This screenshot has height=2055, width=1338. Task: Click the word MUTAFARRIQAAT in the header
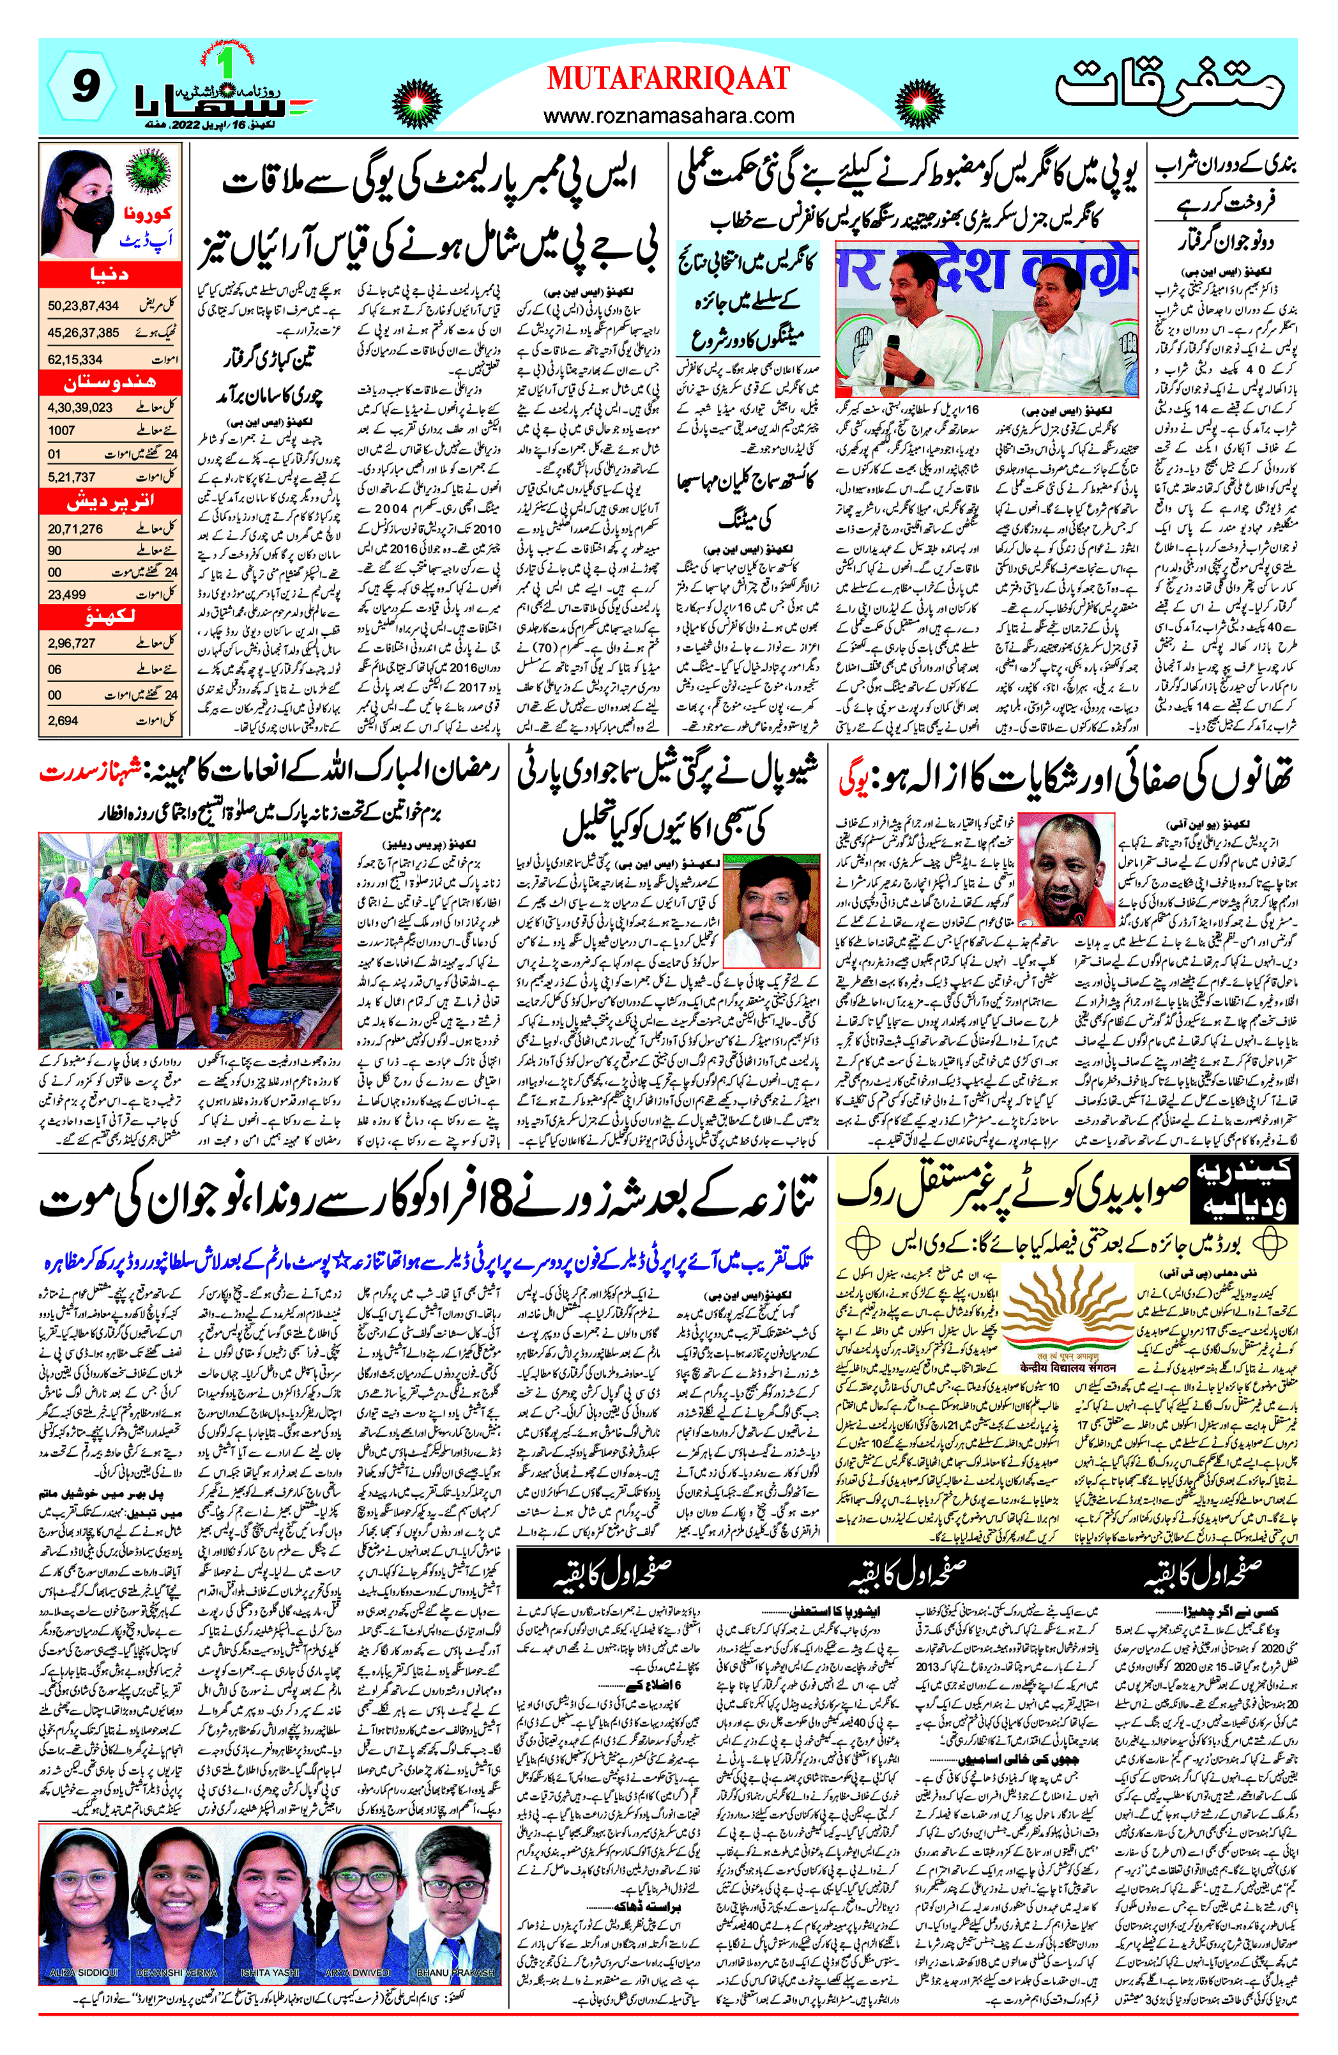(x=667, y=79)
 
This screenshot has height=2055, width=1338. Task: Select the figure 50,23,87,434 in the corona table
(x=83, y=305)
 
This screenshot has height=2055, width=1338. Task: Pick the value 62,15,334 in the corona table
(x=75, y=358)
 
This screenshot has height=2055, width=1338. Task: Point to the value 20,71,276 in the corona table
(x=75, y=528)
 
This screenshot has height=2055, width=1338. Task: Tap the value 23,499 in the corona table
(x=66, y=594)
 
